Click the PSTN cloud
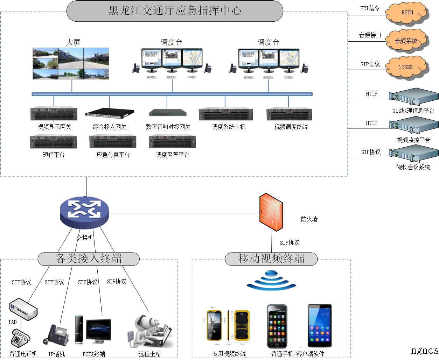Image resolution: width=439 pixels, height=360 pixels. [407, 13]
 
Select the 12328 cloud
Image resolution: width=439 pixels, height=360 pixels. [407, 67]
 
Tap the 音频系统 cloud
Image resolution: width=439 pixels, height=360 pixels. [406, 41]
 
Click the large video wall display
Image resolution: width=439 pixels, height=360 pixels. [71, 63]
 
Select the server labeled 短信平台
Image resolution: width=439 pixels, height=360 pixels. [53, 142]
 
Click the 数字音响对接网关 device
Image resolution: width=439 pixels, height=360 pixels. [168, 112]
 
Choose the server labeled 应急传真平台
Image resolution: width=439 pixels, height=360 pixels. [113, 142]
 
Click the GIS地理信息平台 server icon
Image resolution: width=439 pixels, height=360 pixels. [413, 97]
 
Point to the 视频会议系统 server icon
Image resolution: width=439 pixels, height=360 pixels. [413, 154]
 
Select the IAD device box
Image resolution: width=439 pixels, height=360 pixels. [23, 308]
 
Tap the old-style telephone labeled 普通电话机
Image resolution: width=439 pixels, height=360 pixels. [20, 339]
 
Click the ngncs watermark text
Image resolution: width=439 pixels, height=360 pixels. [425, 350]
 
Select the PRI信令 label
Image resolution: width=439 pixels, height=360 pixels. [370, 8]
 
